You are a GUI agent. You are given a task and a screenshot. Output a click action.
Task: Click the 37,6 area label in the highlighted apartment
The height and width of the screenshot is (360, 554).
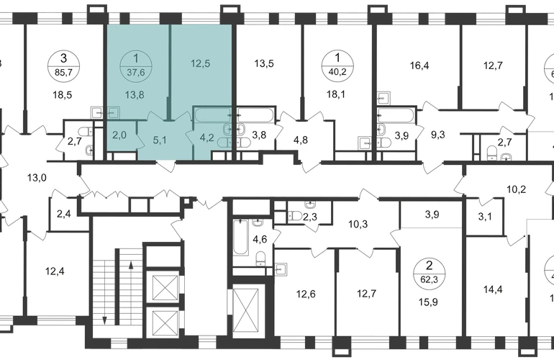point(136,73)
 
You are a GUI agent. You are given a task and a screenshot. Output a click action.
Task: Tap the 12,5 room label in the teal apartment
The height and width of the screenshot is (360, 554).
point(200,63)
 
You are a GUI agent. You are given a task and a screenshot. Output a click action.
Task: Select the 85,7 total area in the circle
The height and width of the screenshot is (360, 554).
point(63,73)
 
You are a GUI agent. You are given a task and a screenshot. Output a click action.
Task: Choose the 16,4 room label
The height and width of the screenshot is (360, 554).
point(419,66)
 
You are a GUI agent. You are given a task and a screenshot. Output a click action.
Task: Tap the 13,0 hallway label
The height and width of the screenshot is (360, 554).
point(37,178)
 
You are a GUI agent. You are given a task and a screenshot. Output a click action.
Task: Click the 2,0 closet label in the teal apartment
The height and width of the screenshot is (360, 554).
point(119,135)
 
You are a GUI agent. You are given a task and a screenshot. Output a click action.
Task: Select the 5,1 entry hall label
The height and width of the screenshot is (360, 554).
point(160,140)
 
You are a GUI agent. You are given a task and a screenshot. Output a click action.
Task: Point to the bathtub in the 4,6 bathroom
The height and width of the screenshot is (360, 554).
point(240,237)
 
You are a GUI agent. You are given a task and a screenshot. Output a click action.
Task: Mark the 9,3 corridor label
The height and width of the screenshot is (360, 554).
point(438,135)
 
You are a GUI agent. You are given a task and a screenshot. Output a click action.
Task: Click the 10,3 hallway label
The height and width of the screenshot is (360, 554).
point(358,224)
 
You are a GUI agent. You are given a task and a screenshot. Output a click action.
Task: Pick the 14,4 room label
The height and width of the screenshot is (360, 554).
point(493,289)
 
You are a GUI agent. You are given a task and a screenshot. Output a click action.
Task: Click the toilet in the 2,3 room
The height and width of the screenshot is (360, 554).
point(294,215)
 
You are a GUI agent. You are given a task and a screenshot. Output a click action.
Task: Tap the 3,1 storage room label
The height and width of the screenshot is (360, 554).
point(485,216)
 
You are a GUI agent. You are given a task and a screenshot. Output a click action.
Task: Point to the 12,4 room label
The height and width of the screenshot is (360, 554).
point(55,271)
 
